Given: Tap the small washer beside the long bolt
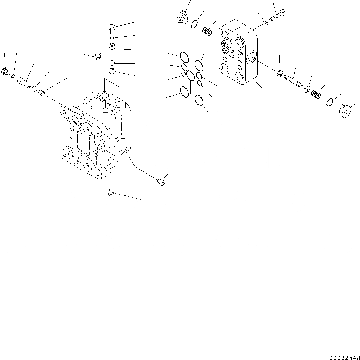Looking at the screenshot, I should click(265, 23).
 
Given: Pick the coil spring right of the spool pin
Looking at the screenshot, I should click(316, 95).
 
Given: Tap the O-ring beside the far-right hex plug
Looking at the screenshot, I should click(329, 102).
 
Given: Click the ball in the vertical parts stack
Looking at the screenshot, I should click(112, 63).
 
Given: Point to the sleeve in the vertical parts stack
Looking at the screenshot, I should click(112, 49).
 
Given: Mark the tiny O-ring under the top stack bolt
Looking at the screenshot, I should click(112, 37).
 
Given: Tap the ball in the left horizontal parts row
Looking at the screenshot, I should click(35, 88).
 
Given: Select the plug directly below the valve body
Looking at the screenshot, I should click(111, 192).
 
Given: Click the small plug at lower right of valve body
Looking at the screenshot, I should click(161, 182).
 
